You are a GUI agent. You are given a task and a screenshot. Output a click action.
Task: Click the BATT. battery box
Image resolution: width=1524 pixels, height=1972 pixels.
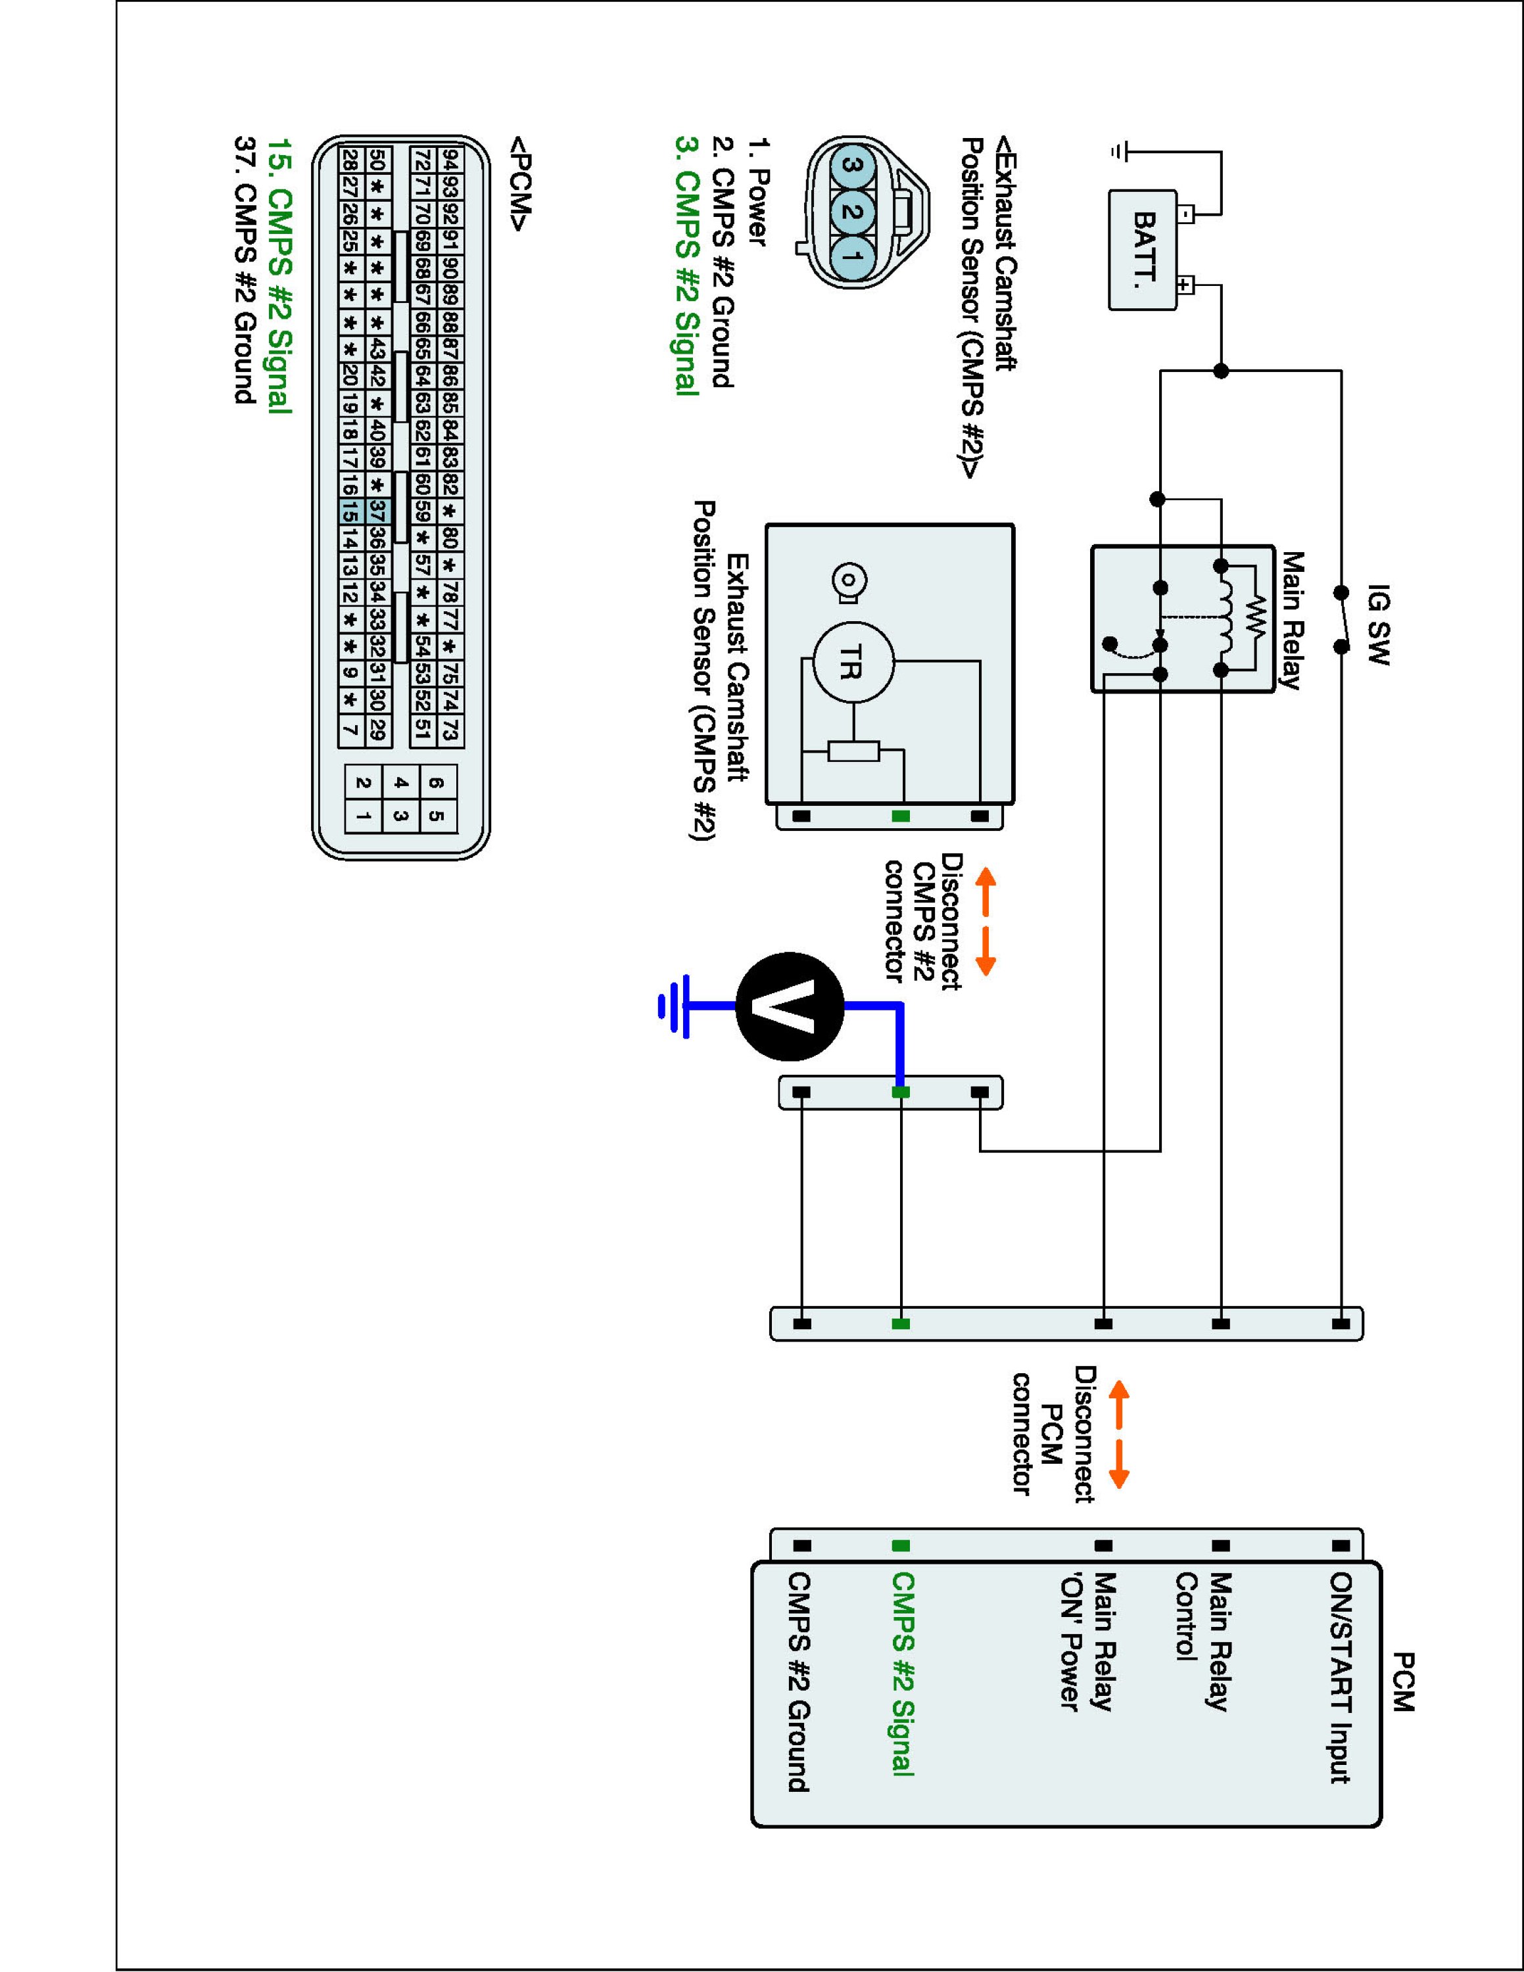pyautogui.click(x=1143, y=250)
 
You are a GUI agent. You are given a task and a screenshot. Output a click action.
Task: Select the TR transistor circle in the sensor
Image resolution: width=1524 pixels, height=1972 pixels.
pyautogui.click(x=853, y=664)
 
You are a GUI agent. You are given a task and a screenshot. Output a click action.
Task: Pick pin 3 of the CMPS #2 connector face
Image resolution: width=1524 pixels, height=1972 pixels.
pyautogui.click(x=851, y=165)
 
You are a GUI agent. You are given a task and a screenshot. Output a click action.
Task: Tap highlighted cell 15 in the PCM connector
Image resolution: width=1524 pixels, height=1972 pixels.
pyautogui.click(x=350, y=512)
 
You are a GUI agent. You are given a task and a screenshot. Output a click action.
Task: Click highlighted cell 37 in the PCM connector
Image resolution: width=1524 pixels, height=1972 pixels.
pyautogui.click(x=378, y=512)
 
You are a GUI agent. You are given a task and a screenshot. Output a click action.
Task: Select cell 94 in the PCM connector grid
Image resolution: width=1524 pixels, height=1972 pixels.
pyautogui.click(x=450, y=161)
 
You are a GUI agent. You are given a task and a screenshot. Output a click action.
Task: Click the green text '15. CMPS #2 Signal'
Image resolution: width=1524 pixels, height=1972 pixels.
pyautogui.click(x=279, y=276)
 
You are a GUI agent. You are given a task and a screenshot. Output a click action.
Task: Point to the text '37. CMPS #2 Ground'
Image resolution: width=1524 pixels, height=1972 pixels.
pyautogui.click(x=245, y=270)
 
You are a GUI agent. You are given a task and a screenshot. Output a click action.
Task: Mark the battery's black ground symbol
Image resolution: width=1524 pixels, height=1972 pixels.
pyautogui.click(x=1120, y=153)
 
